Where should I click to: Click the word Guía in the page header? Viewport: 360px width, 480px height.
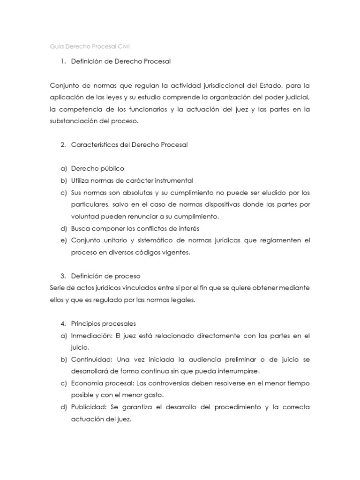(56, 46)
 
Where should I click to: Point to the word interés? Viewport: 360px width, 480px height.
(188, 228)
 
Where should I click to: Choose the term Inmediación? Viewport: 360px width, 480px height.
(91, 336)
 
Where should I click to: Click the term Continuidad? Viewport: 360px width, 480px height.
(92, 360)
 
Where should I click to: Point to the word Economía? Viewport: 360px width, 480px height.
(86, 383)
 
